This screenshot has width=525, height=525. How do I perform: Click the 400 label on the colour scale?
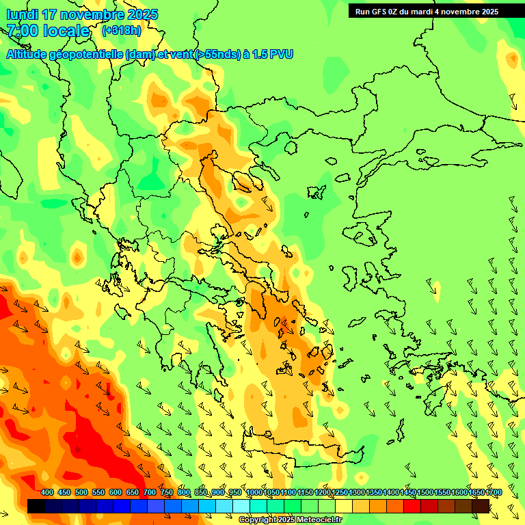tap(47, 493)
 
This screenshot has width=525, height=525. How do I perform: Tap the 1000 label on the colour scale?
tap(254, 493)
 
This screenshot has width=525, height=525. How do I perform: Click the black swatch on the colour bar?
tap(36, 506)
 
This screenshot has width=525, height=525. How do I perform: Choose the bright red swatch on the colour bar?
tap(412, 506)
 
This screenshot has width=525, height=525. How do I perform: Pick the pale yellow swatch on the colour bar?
tap(344, 506)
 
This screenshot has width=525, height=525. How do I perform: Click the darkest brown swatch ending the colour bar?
tap(481, 506)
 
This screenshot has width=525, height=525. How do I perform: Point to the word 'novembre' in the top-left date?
tap(88, 14)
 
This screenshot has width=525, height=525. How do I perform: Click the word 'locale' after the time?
tap(67, 31)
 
